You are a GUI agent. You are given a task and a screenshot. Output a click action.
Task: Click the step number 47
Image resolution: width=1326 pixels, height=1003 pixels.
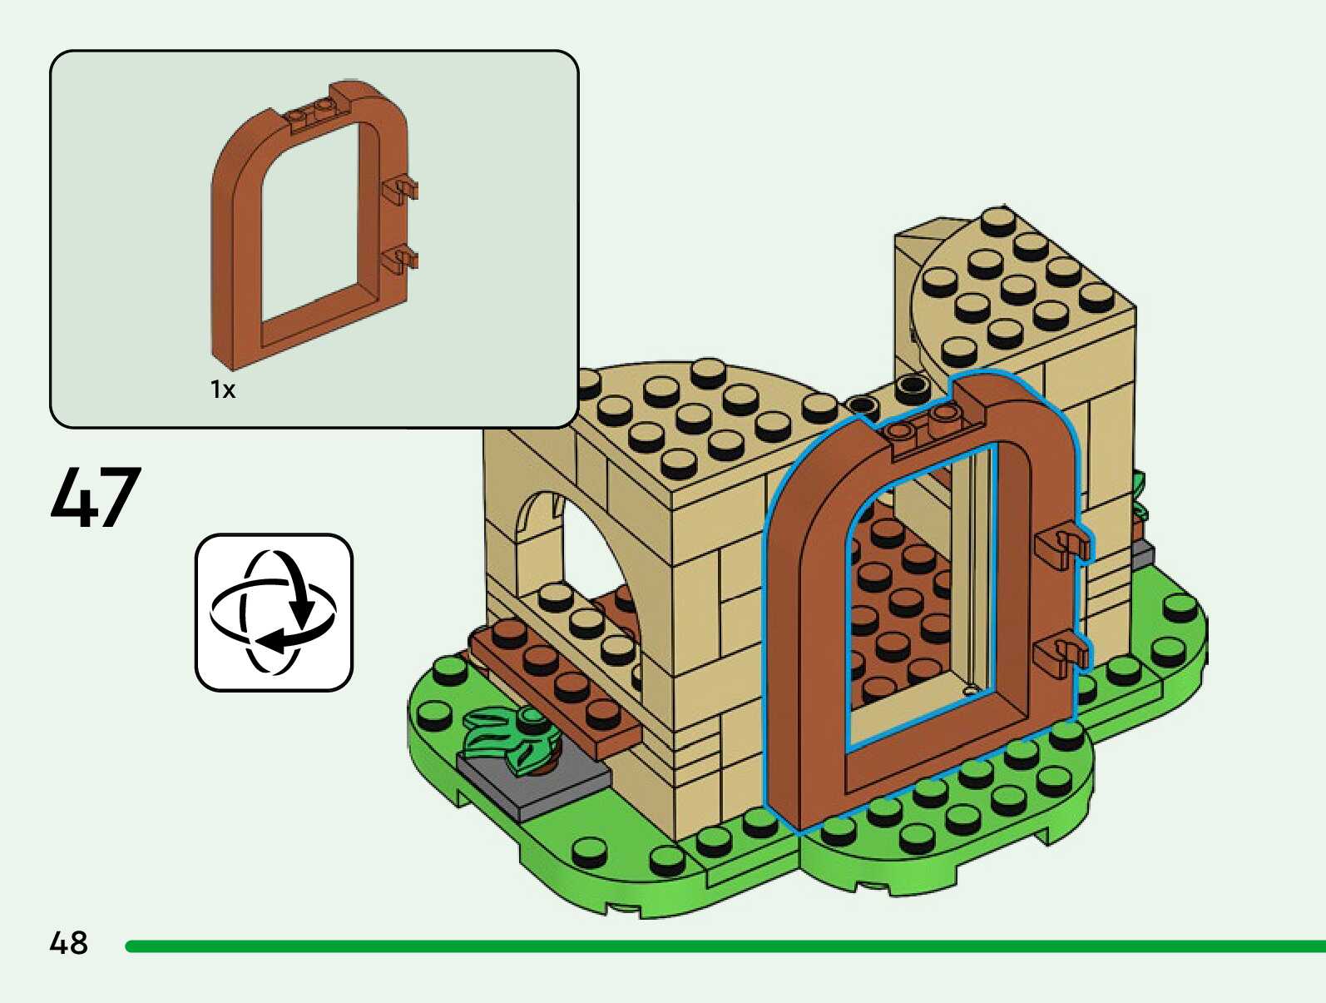click(96, 496)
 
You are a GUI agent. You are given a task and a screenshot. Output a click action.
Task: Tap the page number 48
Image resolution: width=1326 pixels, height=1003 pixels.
click(69, 942)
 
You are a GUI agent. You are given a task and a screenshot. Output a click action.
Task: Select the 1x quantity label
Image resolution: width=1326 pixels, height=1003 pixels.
click(223, 390)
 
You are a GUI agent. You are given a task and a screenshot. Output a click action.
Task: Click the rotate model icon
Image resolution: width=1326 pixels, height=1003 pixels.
click(274, 612)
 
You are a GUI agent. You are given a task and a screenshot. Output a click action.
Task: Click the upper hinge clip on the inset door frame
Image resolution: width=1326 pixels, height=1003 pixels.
click(400, 188)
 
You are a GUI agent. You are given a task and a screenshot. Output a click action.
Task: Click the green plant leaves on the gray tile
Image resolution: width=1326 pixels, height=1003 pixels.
click(512, 737)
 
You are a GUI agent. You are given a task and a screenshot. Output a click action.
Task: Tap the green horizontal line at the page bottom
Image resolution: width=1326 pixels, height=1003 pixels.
click(725, 946)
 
